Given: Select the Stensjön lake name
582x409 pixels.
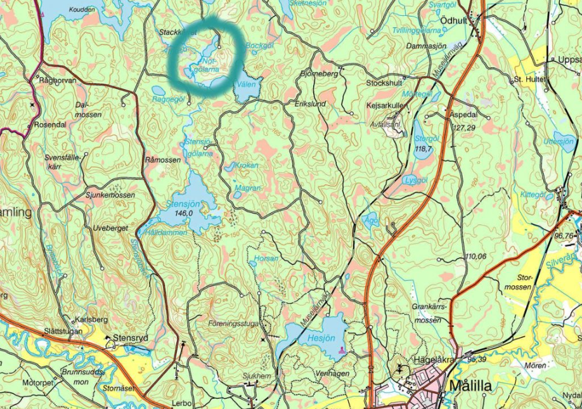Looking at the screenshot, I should click(183, 204).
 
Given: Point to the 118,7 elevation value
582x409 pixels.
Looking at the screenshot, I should click(423, 148).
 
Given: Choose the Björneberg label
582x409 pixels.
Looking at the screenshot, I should click(319, 74).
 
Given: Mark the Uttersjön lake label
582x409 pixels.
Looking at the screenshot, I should click(559, 142).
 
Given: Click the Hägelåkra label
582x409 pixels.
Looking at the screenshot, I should click(436, 358).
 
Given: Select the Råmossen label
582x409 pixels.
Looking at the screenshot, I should click(162, 160).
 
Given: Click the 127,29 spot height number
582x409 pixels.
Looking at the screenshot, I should click(464, 127).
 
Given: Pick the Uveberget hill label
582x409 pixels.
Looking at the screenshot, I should click(110, 227).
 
